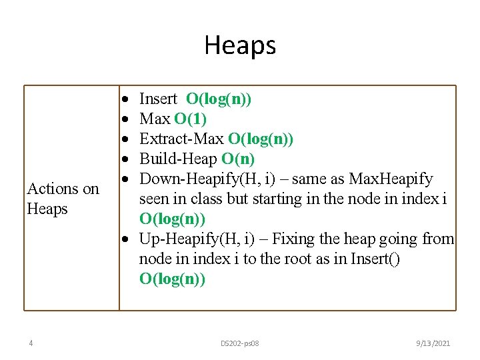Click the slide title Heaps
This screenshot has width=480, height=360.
pos(240,45)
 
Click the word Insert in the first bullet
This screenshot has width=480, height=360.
pos(158,99)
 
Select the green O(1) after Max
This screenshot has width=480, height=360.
pos(191,119)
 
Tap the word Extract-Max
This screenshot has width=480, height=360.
pos(181,139)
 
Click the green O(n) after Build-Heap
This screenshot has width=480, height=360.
pos(238,159)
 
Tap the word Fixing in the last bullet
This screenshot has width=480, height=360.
pos(293,239)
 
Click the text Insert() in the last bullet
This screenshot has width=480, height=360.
pos(376,259)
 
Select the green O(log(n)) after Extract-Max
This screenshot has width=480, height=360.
pos(261,139)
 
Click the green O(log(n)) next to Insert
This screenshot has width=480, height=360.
pos(219,99)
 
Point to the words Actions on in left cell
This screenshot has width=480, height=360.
pos(63,189)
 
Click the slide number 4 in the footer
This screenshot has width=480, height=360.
pos(31,343)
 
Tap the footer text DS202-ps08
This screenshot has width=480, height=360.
pos(240,343)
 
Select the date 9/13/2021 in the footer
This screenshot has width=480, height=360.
pos(433,343)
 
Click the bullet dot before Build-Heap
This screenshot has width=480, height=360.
pos(125,160)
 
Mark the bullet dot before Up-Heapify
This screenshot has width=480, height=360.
pos(125,239)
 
